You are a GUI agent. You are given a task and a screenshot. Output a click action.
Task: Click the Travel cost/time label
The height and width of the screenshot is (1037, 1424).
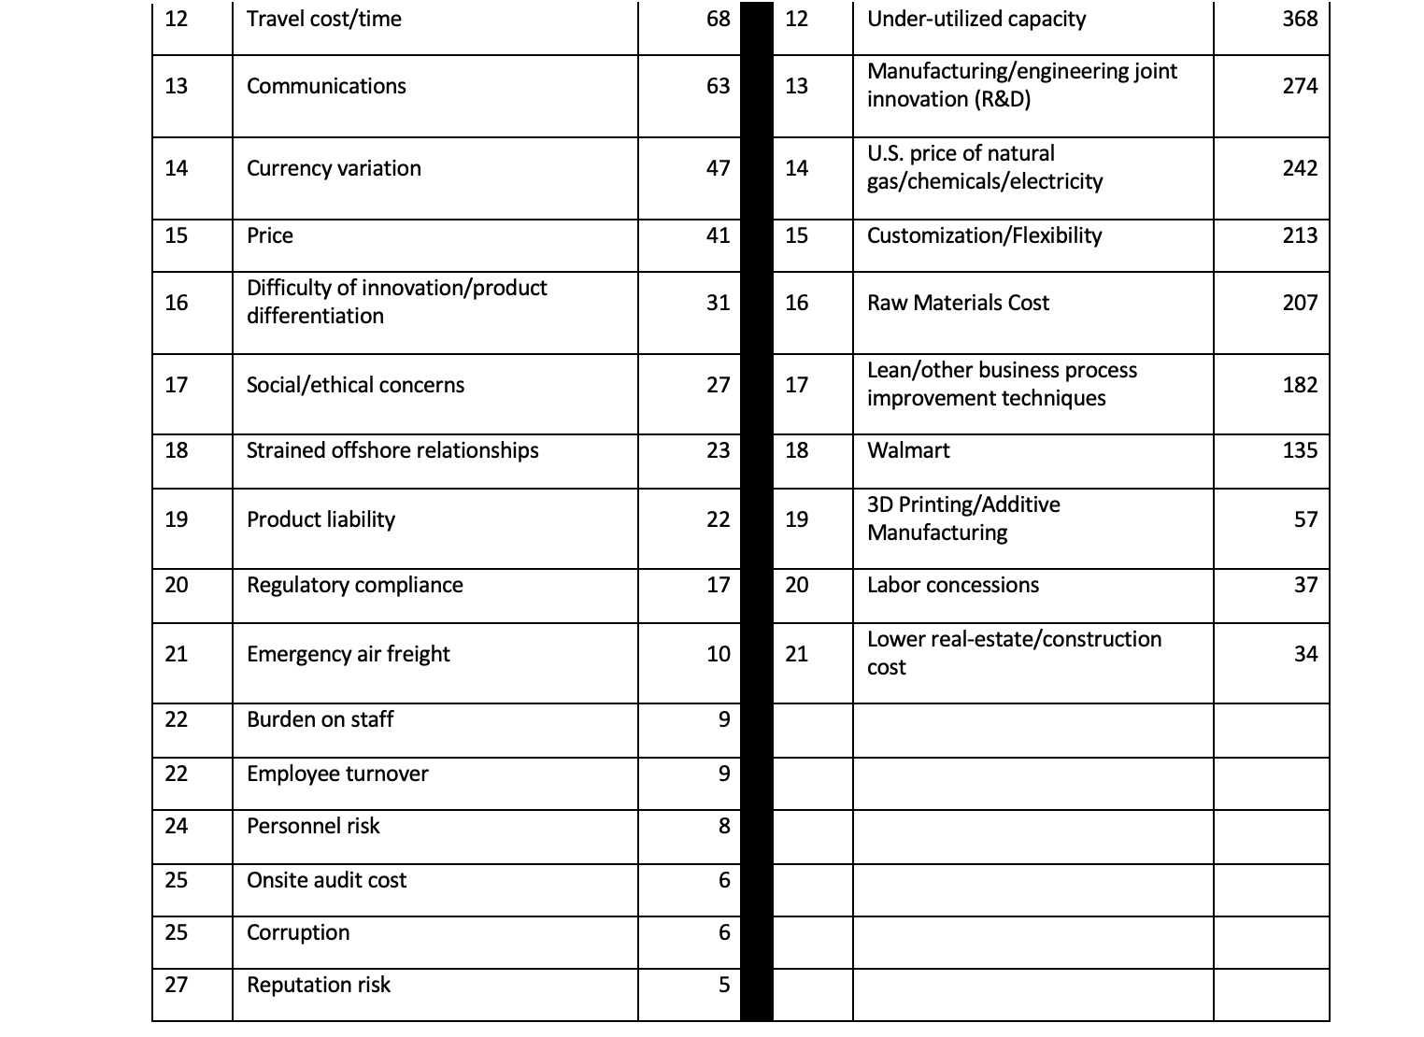323,20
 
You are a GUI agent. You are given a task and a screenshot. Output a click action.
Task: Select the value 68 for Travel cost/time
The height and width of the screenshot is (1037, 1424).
718,20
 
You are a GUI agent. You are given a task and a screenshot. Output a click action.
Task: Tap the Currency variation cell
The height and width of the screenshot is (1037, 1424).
334,168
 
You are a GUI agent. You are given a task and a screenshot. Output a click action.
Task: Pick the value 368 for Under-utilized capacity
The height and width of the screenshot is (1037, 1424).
1300,20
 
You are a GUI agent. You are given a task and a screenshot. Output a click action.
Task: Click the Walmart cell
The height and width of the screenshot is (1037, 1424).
908,450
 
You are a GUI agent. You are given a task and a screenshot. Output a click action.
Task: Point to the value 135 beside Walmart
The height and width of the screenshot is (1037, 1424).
1300,450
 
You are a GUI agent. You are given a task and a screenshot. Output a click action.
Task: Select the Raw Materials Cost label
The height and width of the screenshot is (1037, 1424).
958,303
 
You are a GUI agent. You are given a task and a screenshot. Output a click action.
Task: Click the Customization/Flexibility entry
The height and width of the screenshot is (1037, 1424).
984,235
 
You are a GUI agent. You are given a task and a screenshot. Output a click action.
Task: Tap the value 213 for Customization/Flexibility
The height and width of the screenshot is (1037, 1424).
1300,235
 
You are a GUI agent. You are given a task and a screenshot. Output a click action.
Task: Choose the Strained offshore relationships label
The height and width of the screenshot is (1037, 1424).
392,450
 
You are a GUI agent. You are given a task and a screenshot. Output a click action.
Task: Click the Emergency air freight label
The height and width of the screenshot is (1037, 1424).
348,654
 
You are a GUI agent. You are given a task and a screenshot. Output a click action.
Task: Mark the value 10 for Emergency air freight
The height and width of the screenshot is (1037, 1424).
718,654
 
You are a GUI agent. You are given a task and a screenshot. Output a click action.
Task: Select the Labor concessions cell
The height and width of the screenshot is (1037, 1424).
952,585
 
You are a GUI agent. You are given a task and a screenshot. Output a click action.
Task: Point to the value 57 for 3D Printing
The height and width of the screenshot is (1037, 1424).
1305,519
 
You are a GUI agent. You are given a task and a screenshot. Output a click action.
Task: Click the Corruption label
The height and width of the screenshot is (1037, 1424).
298,932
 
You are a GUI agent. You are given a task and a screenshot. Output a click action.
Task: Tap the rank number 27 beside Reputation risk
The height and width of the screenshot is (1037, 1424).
176,985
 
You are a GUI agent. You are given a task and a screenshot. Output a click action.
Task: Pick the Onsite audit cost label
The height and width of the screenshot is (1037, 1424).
326,880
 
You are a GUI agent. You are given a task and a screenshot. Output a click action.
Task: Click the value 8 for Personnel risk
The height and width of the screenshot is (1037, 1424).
723,826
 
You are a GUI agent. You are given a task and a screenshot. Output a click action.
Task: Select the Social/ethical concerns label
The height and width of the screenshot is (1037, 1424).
355,385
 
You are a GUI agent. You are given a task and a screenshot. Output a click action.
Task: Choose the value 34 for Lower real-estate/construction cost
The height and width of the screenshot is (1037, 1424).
1305,654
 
